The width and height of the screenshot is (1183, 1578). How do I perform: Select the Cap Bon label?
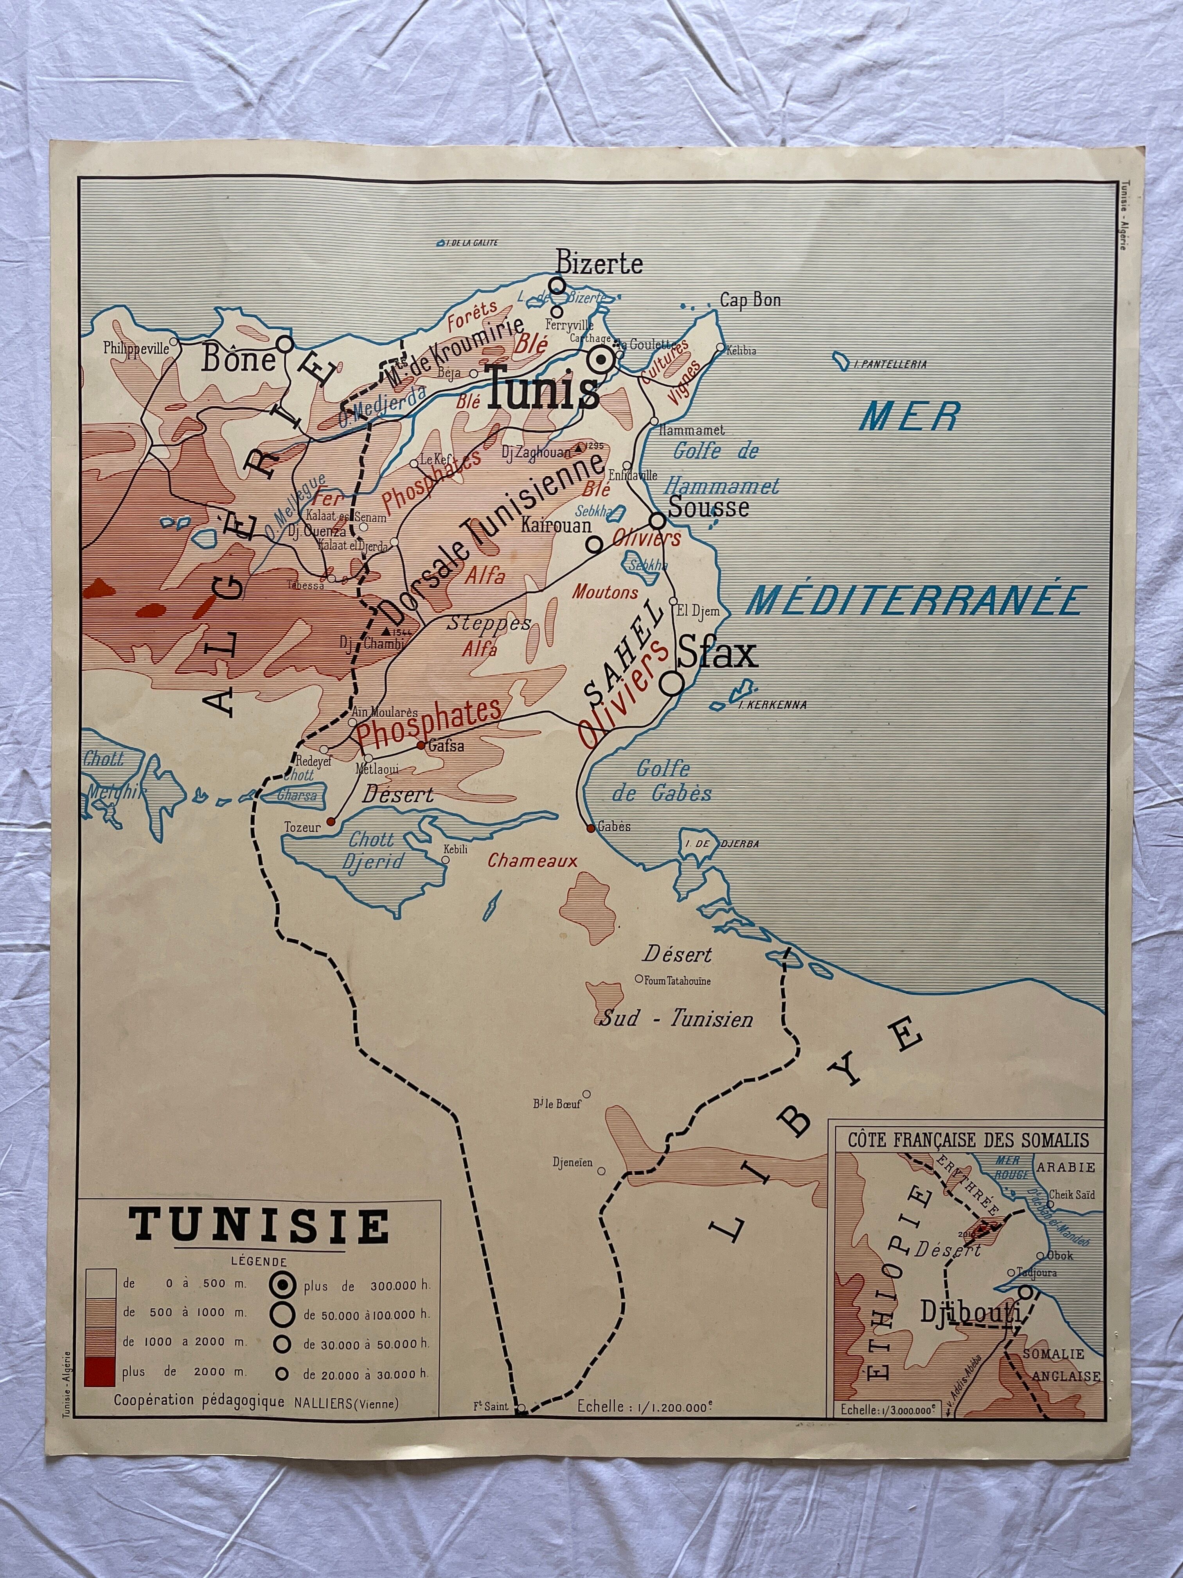pos(750,300)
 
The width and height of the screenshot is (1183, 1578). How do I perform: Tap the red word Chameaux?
pos(532,861)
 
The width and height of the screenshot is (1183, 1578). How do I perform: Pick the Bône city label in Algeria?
pos(238,359)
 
